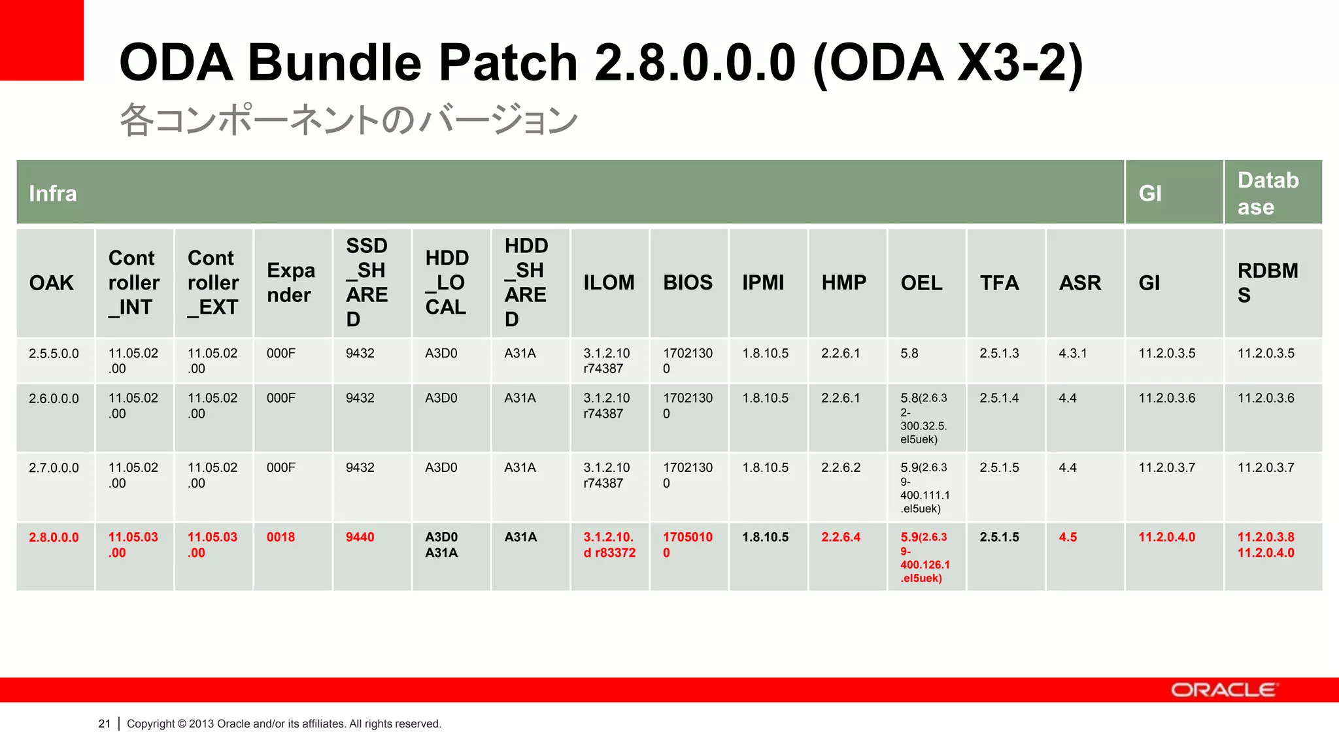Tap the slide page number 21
(x=104, y=724)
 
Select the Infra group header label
(x=53, y=193)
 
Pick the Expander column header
(x=290, y=282)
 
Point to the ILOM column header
(x=609, y=282)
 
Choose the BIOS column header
(x=688, y=282)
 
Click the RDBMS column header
(x=1267, y=282)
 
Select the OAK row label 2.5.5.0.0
(x=54, y=354)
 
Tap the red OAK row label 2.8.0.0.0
(x=54, y=537)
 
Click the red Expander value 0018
(x=280, y=537)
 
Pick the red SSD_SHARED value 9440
(x=360, y=537)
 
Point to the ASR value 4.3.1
(x=1073, y=354)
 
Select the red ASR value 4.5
(x=1068, y=537)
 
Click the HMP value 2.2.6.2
(x=841, y=468)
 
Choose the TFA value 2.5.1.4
(x=999, y=398)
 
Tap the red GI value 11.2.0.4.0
(x=1166, y=537)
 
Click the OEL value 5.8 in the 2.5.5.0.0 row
(x=909, y=354)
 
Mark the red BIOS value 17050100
(x=687, y=544)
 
